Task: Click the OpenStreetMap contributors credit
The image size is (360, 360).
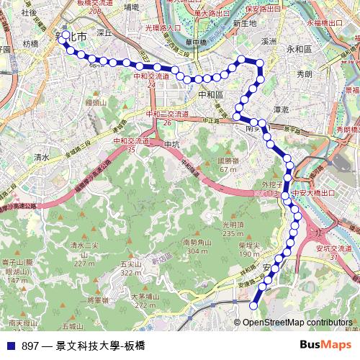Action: pyautogui.click(x=297, y=322)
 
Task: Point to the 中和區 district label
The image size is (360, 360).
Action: pyautogui.click(x=210, y=94)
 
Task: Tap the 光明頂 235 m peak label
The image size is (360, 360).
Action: pyautogui.click(x=234, y=229)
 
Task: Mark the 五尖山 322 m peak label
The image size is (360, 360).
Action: pyautogui.click(x=130, y=268)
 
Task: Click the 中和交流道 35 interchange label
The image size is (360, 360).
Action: pyautogui.click(x=132, y=145)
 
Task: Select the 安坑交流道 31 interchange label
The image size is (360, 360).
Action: pyautogui.click(x=333, y=253)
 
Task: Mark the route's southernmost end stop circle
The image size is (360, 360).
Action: pyautogui.click(x=253, y=306)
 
